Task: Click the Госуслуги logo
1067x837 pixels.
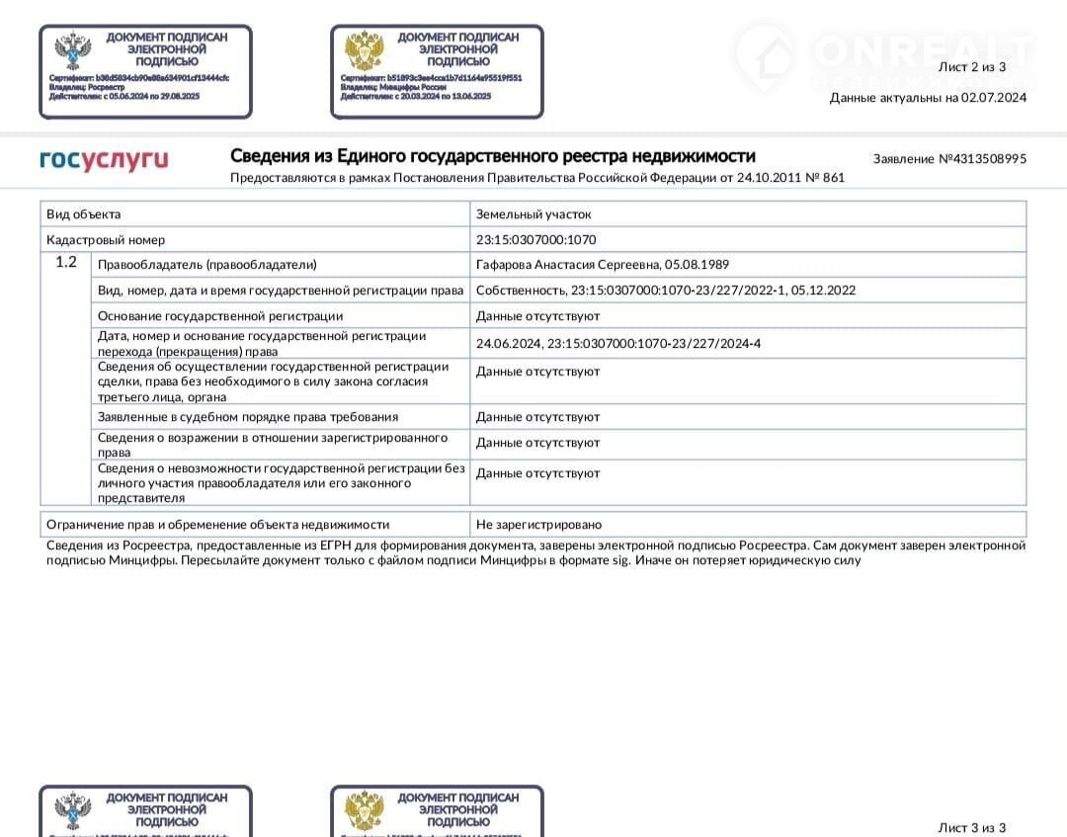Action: click(x=104, y=159)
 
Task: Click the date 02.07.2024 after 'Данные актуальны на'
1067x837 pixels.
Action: click(x=994, y=97)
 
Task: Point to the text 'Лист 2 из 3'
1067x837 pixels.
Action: click(x=971, y=67)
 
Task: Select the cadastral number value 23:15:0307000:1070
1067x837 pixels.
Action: click(x=536, y=240)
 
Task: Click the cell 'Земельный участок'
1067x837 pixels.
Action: click(x=533, y=214)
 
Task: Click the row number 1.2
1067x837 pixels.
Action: click(x=66, y=263)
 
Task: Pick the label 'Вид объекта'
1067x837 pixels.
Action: click(x=84, y=214)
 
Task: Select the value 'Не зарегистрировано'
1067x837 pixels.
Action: click(x=538, y=525)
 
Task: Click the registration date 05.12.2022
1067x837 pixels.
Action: click(x=824, y=291)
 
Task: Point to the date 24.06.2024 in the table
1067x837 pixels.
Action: click(x=507, y=343)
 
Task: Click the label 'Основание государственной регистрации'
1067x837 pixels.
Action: click(x=220, y=316)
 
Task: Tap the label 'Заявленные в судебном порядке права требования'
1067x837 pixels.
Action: click(x=248, y=417)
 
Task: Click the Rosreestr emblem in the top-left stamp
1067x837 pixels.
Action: click(x=72, y=51)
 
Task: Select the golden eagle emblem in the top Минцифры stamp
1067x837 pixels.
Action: click(x=364, y=51)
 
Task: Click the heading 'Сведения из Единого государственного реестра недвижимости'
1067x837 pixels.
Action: click(x=492, y=156)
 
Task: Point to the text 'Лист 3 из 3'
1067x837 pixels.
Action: click(x=971, y=827)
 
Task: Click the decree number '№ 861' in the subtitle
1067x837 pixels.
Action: click(x=827, y=178)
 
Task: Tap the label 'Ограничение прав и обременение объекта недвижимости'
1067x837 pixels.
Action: click(x=217, y=525)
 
